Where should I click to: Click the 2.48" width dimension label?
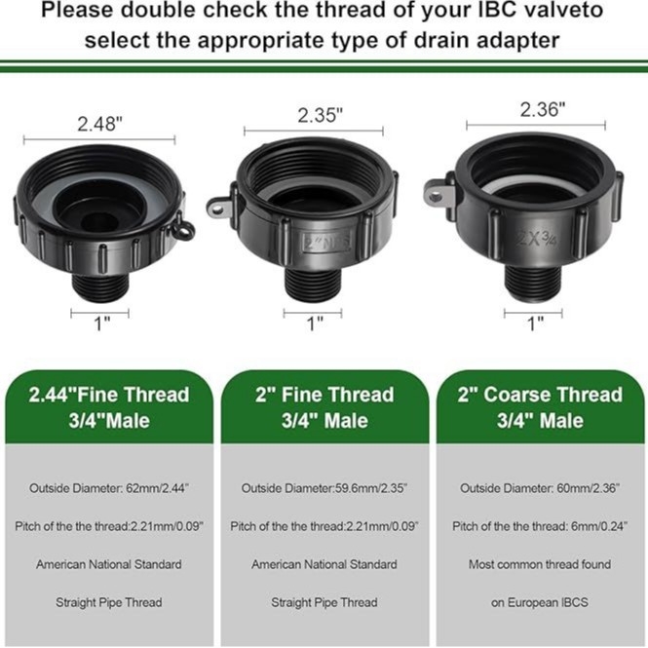(x=100, y=124)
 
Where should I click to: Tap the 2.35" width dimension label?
(x=321, y=115)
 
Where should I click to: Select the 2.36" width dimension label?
(x=542, y=109)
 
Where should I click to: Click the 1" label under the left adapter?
(x=102, y=324)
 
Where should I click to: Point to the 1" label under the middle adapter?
(x=315, y=324)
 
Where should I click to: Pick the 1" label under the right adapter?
(x=536, y=324)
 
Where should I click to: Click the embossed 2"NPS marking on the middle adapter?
(x=326, y=242)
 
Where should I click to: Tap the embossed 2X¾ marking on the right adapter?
(x=535, y=239)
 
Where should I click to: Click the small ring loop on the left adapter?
(x=184, y=229)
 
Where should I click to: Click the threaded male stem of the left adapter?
(x=100, y=286)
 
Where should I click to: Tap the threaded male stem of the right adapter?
(x=533, y=284)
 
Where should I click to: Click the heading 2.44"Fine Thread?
(x=109, y=395)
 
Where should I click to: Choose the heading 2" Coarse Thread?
(x=540, y=395)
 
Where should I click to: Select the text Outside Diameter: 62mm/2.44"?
(x=109, y=488)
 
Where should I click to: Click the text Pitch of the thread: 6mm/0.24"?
(x=540, y=526)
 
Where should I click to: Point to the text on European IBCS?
(x=540, y=602)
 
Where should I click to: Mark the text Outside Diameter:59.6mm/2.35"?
(x=324, y=488)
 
